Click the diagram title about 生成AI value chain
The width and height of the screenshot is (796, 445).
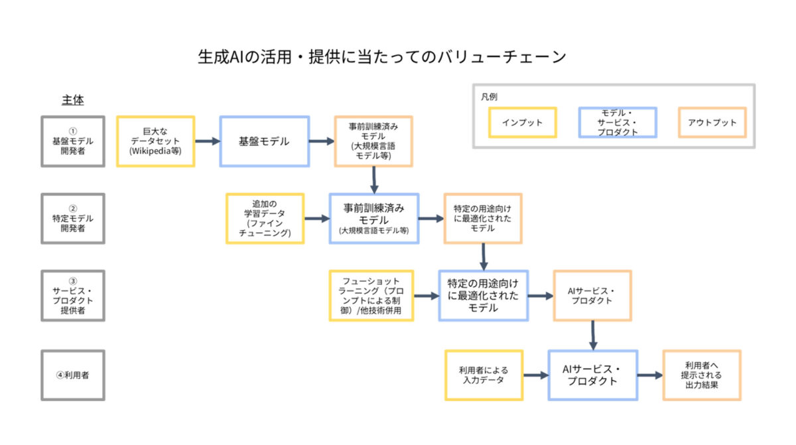(381, 57)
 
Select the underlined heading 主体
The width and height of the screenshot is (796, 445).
(72, 100)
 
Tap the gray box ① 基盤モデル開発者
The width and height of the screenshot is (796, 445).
(72, 141)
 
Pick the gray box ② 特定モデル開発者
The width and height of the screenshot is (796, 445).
(72, 218)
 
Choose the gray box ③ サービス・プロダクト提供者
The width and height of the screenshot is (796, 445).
(72, 296)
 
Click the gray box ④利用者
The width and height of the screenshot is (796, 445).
(72, 375)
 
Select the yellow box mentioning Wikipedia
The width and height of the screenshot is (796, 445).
(155, 141)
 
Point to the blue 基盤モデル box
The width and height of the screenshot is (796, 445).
(264, 141)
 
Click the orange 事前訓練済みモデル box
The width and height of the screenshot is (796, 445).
(373, 141)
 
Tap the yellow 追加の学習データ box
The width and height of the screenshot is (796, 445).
(265, 218)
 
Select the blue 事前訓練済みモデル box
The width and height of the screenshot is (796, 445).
(373, 218)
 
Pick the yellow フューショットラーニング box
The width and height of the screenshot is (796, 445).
(371, 296)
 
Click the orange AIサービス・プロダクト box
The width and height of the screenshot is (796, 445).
(592, 296)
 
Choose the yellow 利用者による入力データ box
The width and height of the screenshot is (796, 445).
(484, 375)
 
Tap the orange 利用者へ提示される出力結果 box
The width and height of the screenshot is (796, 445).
(702, 375)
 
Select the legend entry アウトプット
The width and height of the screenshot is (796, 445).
(712, 123)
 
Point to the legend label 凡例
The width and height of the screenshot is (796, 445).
(490, 97)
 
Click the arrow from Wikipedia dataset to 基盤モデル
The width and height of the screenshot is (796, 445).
(207, 141)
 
